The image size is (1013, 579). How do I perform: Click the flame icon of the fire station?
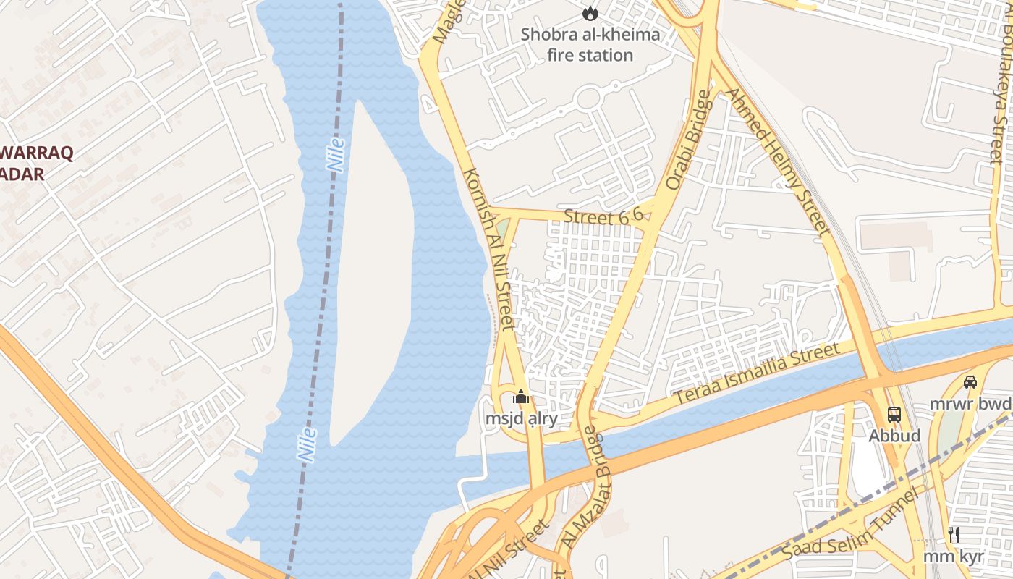pyautogui.click(x=590, y=12)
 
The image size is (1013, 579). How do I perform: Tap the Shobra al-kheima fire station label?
pyautogui.click(x=590, y=44)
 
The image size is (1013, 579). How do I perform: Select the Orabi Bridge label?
pyautogui.click(x=685, y=140)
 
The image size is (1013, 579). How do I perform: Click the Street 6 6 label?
pyautogui.click(x=603, y=216)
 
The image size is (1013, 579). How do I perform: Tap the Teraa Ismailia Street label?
pyautogui.click(x=757, y=373)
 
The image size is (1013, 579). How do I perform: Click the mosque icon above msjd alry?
pyautogui.click(x=521, y=397)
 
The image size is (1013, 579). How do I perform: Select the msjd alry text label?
pyautogui.click(x=521, y=419)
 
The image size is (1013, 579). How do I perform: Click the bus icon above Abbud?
pyautogui.click(x=894, y=415)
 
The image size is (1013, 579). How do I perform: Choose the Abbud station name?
pyautogui.click(x=894, y=436)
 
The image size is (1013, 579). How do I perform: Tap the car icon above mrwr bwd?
pyautogui.click(x=970, y=381)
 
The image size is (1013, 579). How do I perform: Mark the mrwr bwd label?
pyautogui.click(x=971, y=403)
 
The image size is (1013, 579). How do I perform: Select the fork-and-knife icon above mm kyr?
pyautogui.click(x=954, y=535)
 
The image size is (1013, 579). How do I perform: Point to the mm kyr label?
pyautogui.click(x=953, y=557)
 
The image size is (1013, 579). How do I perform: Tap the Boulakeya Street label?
pyautogui.click(x=1000, y=87)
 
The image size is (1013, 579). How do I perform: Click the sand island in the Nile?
pyautogui.click(x=373, y=275)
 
